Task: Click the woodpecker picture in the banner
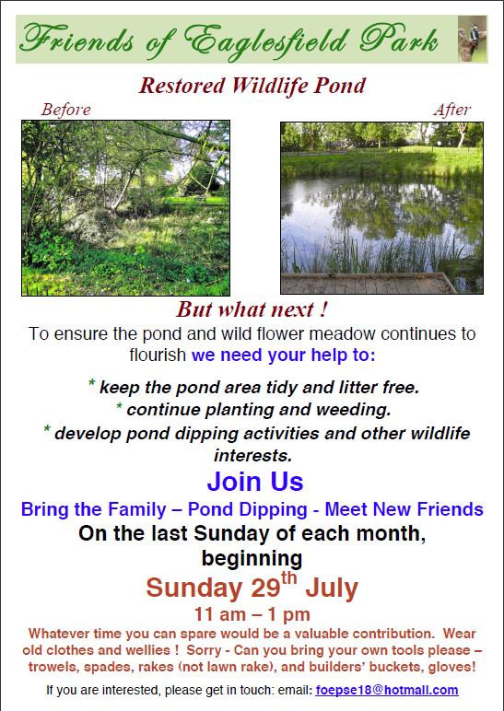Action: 473,39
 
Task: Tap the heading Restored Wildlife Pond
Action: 252,86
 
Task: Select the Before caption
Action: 66,110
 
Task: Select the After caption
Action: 451,110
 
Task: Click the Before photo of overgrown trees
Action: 125,208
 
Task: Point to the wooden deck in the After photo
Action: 368,284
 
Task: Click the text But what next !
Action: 252,309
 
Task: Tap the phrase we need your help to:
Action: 284,355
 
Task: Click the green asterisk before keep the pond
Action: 91,383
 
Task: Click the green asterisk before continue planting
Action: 119,405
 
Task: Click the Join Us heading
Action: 255,482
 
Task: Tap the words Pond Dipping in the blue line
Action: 247,509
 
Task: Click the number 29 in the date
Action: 266,589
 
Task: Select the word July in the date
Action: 332,589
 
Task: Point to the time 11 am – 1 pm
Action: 252,615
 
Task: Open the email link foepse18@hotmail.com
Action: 387,690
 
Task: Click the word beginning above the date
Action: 252,559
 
